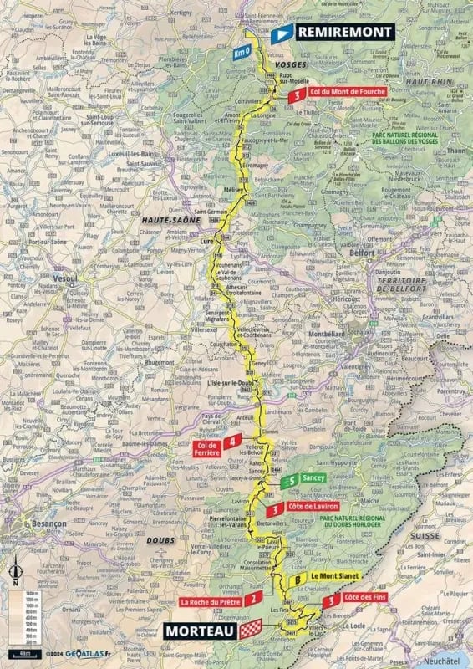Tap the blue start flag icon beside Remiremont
(x=282, y=32)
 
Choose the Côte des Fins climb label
(x=365, y=600)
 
